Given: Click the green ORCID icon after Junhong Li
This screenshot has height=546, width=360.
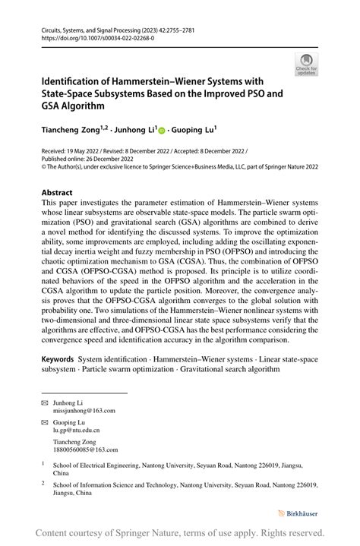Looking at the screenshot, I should (x=161, y=131).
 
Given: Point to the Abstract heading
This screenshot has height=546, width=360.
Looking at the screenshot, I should (x=58, y=193).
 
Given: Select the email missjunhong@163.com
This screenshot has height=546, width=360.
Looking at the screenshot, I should (x=84, y=410).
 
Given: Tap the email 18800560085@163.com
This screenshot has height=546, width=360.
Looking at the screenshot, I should (x=86, y=450).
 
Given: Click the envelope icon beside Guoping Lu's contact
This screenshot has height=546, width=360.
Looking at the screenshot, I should (x=44, y=422).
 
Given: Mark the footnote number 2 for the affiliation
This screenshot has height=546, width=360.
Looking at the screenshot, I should (x=44, y=481).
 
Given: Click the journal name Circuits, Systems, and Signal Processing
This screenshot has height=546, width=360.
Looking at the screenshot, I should (x=103, y=27).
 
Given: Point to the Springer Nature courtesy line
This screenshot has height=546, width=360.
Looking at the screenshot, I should (x=180, y=533).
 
